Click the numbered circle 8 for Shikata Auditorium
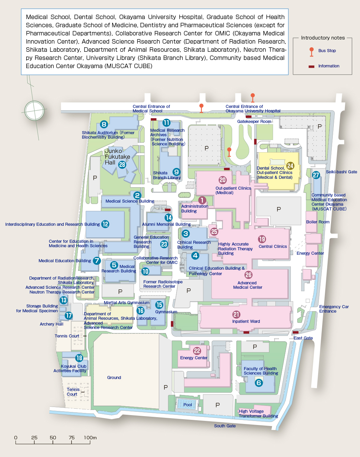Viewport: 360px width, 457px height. click(104, 124)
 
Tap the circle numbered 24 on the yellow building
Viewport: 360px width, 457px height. click(290, 166)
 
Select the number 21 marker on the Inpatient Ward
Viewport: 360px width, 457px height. click(236, 314)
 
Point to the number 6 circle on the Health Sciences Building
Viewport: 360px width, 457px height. click(259, 383)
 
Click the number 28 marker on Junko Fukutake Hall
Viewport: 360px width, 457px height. click(122, 164)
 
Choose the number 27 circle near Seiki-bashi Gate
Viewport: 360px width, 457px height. click(316, 175)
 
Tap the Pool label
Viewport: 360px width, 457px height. click(187, 405)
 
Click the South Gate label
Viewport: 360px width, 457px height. click(225, 426)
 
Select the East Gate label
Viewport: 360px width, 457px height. click(303, 338)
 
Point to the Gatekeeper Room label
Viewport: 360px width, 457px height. click(254, 122)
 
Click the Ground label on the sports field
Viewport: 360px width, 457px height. click(114, 377)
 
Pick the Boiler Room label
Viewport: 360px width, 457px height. click(318, 222)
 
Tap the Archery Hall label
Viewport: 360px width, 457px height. click(51, 324)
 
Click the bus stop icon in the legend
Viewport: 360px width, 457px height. click(312, 52)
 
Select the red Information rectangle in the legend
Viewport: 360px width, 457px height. click(311, 66)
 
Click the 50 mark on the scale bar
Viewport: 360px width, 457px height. click(53, 438)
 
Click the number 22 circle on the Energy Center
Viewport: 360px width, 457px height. click(197, 351)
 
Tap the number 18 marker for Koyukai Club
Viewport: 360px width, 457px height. click(79, 358)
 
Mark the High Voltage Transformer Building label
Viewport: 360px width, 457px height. click(258, 413)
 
